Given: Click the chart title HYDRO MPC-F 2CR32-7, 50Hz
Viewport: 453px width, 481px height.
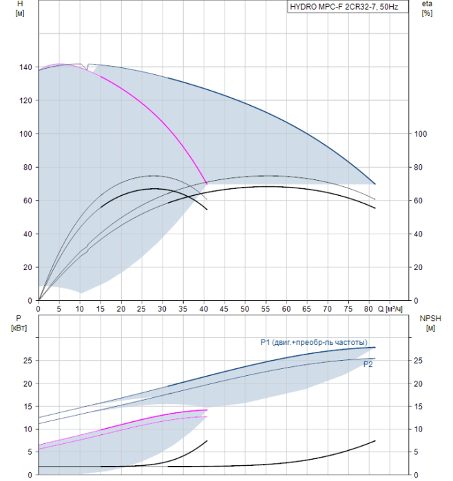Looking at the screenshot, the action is (344, 7).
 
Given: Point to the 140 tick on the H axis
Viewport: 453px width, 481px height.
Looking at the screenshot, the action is (25, 67).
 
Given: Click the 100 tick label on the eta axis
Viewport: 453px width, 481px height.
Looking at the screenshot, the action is (421, 134).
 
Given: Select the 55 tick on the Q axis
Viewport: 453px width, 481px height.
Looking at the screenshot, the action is (266, 309).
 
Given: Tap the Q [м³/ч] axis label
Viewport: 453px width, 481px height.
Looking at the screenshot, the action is (390, 309).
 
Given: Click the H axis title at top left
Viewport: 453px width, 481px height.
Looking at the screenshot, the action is (20, 8).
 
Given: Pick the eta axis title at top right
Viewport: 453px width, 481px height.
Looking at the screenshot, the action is (427, 8).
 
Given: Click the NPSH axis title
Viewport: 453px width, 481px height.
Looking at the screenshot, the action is (430, 323).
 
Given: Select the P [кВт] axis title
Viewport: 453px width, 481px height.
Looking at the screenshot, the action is (19, 323).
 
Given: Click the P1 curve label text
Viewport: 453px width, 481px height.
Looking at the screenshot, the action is (314, 342).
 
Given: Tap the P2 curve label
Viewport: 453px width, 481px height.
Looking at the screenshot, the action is (368, 364).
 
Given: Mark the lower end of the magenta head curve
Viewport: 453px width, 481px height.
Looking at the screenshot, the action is (207, 183).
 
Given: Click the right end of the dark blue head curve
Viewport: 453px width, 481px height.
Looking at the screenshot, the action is (375, 183).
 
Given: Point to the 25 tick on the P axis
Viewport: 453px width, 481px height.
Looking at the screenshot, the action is (28, 361).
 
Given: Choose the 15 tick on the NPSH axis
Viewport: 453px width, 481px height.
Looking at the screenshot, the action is (418, 407).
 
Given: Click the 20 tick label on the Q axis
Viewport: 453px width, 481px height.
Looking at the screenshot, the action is (120, 309).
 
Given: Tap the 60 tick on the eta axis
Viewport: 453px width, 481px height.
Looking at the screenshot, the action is (418, 201).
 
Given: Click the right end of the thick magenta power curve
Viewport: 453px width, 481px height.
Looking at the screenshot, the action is (207, 410).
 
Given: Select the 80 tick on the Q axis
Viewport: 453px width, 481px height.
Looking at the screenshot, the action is (369, 309).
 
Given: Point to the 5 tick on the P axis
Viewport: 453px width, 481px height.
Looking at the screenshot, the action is (30, 452).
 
